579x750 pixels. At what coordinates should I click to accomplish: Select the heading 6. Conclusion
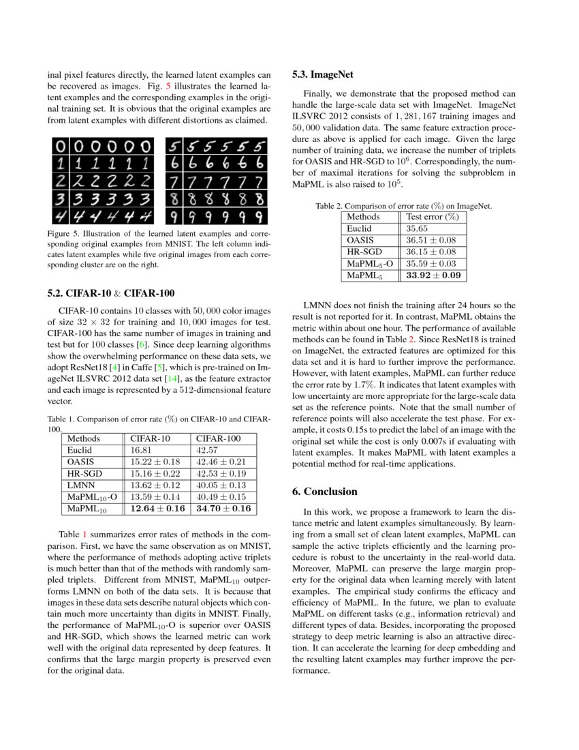tap(324, 491)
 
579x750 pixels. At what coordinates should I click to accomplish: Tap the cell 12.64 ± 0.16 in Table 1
tap(157, 509)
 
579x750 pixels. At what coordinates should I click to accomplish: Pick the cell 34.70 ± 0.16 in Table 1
tap(223, 509)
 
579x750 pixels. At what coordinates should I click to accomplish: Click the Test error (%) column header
tap(432, 217)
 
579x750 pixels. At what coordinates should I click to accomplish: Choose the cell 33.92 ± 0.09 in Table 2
tap(433, 275)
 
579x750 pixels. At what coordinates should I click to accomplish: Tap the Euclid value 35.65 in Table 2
tap(417, 228)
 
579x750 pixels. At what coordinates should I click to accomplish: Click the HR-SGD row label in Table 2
tap(365, 252)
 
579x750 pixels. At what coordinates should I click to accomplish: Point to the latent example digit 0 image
tap(61, 147)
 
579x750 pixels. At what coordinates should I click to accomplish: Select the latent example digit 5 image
tap(175, 147)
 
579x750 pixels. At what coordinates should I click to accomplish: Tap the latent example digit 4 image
tap(61, 216)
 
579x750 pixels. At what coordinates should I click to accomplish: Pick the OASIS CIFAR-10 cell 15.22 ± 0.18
tap(157, 462)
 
